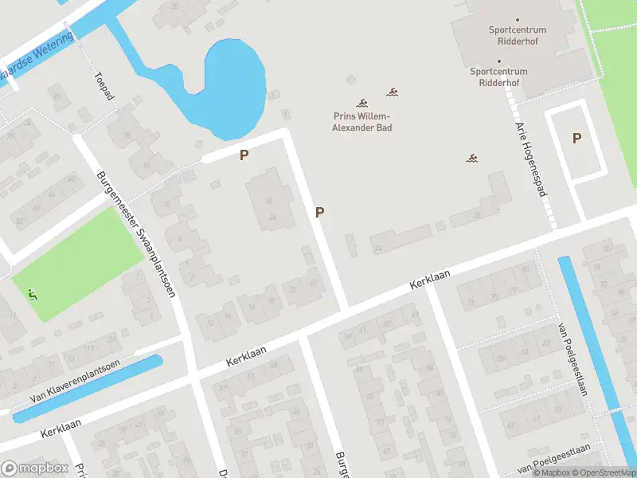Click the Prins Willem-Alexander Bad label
(x=362, y=121)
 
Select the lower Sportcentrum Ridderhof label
(x=498, y=76)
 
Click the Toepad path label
(x=104, y=86)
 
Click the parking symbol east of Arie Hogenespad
(x=576, y=138)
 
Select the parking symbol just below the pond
(x=244, y=155)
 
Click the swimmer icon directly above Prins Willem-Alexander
(x=362, y=104)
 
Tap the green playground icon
(x=32, y=296)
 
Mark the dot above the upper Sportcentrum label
(x=517, y=19)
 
